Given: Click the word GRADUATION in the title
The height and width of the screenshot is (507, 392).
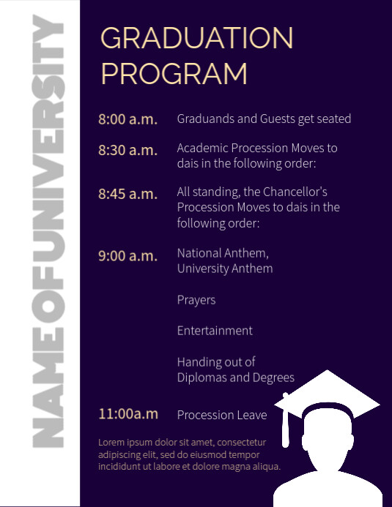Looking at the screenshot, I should (196, 38).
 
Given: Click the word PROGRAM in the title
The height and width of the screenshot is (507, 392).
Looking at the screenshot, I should (174, 74).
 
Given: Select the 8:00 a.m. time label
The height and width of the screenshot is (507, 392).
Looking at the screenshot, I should (127, 119).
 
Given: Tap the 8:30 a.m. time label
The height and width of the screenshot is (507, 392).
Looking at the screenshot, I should (127, 150).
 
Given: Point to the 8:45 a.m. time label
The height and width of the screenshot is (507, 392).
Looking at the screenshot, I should (127, 194).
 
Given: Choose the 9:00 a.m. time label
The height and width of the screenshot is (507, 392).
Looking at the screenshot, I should (127, 256).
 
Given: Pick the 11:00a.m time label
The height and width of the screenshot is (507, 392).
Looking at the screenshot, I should (128, 414).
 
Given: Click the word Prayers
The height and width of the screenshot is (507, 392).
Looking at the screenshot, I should (196, 300).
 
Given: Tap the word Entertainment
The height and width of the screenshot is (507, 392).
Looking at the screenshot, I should (215, 331).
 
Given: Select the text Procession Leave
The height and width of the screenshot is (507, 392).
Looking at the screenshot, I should (222, 415).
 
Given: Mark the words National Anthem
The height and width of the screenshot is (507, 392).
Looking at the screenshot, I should (223, 253).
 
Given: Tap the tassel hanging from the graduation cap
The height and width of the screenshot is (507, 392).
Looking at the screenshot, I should (285, 424).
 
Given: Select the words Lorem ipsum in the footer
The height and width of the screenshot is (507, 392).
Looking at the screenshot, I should (120, 442).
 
